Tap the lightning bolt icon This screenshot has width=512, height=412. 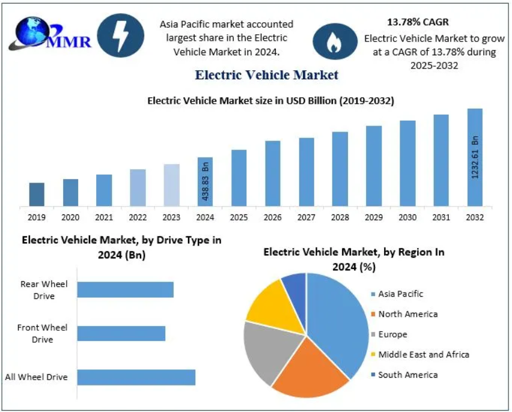[x=120, y=36]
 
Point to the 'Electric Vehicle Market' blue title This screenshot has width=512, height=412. [x=266, y=75]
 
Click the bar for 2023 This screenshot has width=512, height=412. [x=171, y=185]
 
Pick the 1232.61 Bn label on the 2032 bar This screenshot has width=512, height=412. [x=475, y=157]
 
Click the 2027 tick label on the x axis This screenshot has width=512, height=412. [x=306, y=217]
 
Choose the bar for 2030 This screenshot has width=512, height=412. [x=407, y=163]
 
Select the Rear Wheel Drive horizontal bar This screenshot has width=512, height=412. [x=125, y=289]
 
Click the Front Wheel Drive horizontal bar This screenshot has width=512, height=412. [x=121, y=333]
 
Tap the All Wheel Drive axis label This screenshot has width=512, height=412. [x=36, y=377]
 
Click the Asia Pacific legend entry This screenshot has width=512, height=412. [x=400, y=294]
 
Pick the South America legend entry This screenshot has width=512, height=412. [x=407, y=375]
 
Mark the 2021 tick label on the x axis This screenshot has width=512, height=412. [x=104, y=217]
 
